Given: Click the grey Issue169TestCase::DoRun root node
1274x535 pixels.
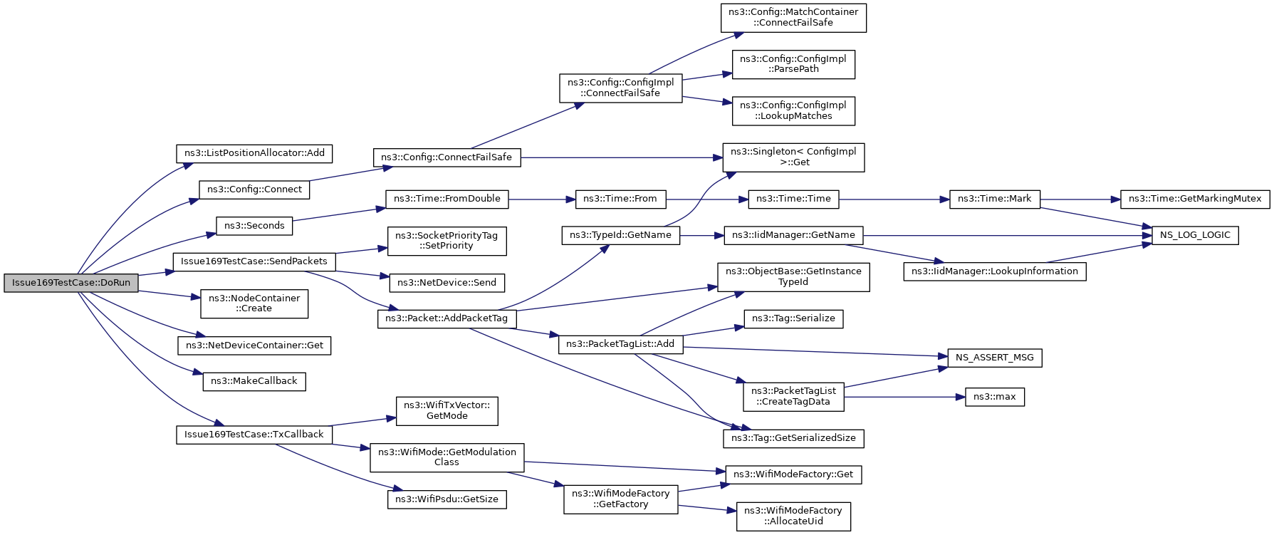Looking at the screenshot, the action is click(71, 283).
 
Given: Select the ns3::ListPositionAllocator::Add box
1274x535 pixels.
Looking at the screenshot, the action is click(254, 153).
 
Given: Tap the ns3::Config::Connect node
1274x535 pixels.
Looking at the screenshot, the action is click(254, 189).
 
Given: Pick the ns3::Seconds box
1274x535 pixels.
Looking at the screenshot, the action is click(254, 226).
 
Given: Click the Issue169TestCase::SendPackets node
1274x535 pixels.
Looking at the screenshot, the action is click(254, 261).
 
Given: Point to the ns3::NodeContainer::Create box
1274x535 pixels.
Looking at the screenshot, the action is click(254, 303).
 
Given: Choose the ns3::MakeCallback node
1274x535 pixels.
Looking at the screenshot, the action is click(254, 381).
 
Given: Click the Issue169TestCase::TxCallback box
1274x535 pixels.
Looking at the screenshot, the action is click(254, 435).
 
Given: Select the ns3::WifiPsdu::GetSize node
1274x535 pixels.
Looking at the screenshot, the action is click(447, 499).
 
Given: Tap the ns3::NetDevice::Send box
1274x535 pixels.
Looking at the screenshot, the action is click(447, 283).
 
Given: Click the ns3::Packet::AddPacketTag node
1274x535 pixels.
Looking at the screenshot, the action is click(447, 318).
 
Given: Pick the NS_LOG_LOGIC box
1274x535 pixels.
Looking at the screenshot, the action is click(1196, 235).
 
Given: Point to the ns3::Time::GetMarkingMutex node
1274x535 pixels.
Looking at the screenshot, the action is click(1195, 199).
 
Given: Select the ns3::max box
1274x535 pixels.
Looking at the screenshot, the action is click(995, 397).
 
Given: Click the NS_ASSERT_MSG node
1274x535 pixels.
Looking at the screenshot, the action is click(995, 358).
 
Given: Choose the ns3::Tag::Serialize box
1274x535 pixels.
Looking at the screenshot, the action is click(793, 318).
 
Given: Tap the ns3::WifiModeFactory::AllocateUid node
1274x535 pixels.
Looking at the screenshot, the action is click(793, 516).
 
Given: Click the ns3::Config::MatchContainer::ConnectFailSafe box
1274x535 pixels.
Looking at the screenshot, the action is click(793, 17).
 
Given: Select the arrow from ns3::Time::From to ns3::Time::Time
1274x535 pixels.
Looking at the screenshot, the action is click(707, 199).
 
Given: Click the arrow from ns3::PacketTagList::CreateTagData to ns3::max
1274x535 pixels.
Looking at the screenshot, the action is click(904, 397).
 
